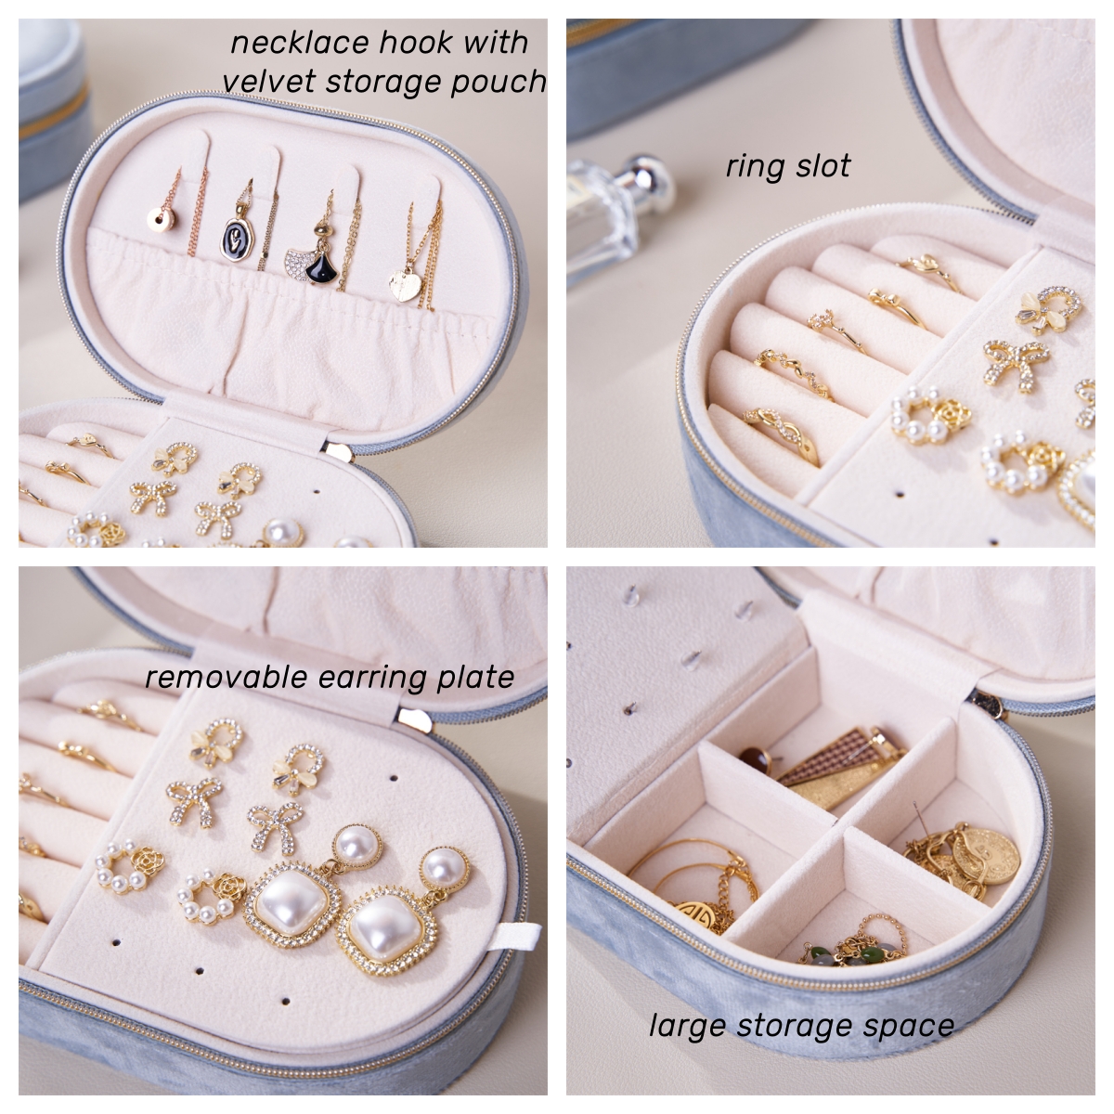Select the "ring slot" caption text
click(788, 166)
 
